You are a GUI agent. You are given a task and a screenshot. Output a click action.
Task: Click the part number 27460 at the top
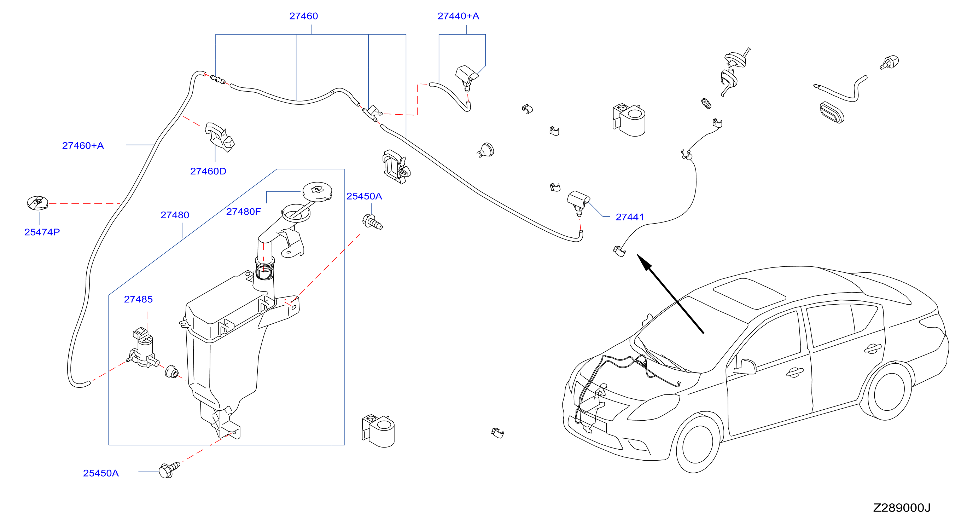(x=303, y=16)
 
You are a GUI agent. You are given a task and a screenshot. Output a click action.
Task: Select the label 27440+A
(x=458, y=16)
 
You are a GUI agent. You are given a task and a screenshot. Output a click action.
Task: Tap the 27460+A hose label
(x=83, y=145)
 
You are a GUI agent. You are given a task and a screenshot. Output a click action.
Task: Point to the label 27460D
(x=208, y=171)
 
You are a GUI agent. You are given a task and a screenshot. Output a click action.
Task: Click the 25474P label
(x=42, y=232)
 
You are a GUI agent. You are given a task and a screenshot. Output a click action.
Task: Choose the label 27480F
(x=244, y=212)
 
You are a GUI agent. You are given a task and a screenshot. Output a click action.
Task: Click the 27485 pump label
(x=138, y=299)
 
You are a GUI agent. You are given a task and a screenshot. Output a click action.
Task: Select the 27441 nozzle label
(x=630, y=217)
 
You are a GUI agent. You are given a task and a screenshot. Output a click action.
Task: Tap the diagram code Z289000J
(x=902, y=508)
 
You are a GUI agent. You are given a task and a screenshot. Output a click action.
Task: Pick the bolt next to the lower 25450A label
(x=169, y=470)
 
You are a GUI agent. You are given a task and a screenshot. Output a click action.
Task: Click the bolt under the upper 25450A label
(x=372, y=222)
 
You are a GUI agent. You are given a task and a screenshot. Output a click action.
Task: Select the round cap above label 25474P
(x=38, y=203)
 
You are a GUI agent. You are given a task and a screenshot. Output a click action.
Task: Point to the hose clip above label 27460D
(x=220, y=137)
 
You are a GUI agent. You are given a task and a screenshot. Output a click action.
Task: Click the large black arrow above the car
(x=670, y=294)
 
